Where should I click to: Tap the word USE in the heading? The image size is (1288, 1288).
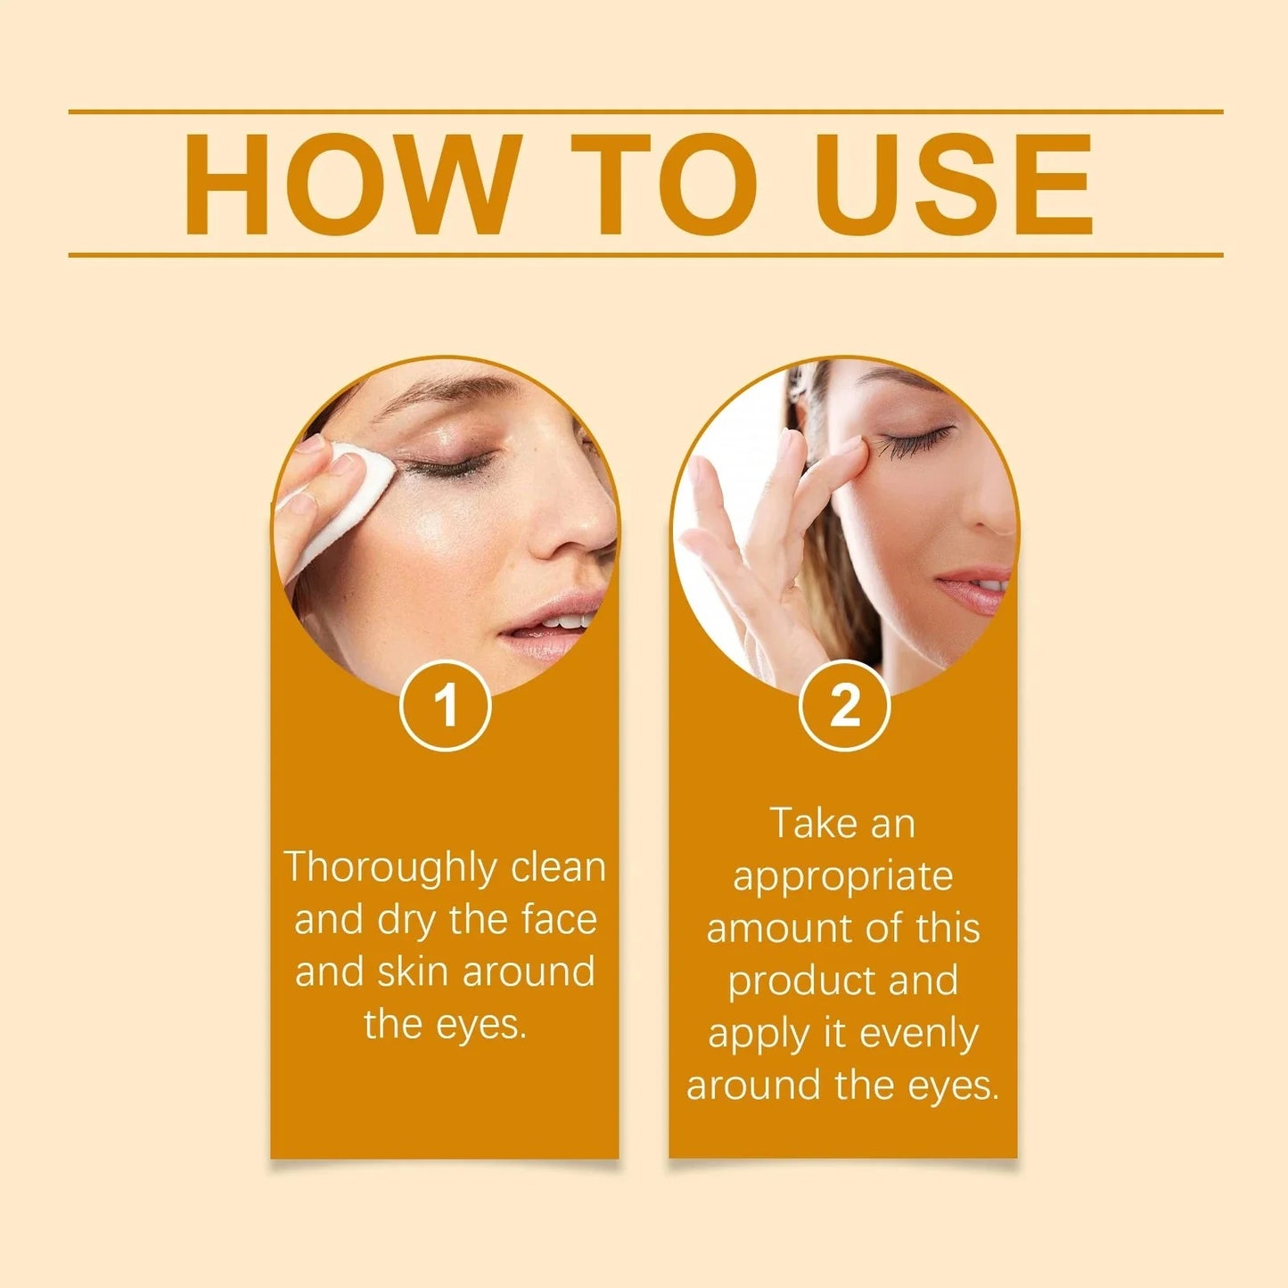[x=952, y=185]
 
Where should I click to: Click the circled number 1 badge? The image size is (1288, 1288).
[x=445, y=705]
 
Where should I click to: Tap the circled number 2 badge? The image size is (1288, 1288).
[x=844, y=705]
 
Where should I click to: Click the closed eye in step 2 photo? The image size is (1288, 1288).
[x=915, y=440]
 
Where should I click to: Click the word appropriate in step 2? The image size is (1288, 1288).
[x=842, y=877]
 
